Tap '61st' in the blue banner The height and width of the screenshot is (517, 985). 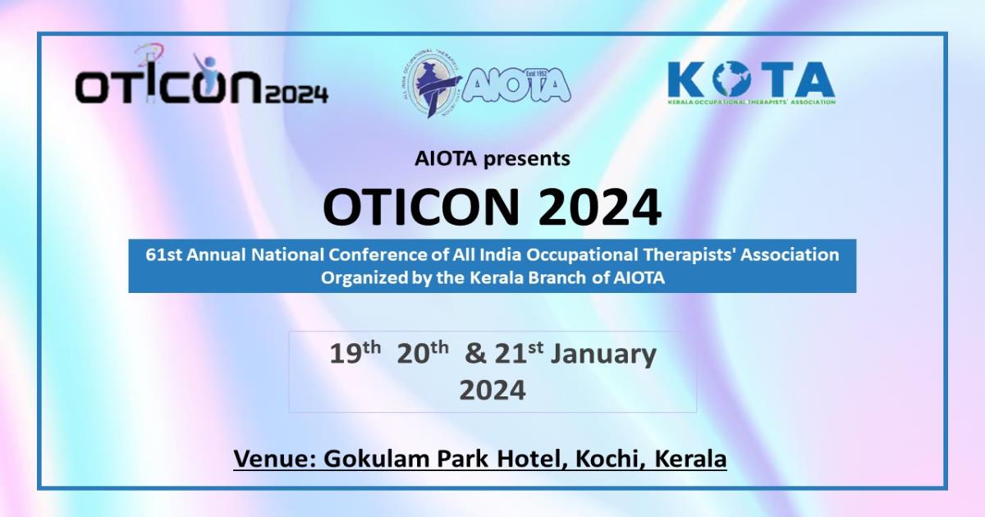point(164,254)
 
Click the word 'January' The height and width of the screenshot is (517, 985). point(603,354)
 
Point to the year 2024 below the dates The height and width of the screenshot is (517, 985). point(492,390)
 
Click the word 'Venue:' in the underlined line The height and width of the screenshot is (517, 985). point(275,458)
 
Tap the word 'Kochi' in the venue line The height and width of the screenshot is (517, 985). point(608,458)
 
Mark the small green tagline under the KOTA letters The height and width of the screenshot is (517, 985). point(751,102)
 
